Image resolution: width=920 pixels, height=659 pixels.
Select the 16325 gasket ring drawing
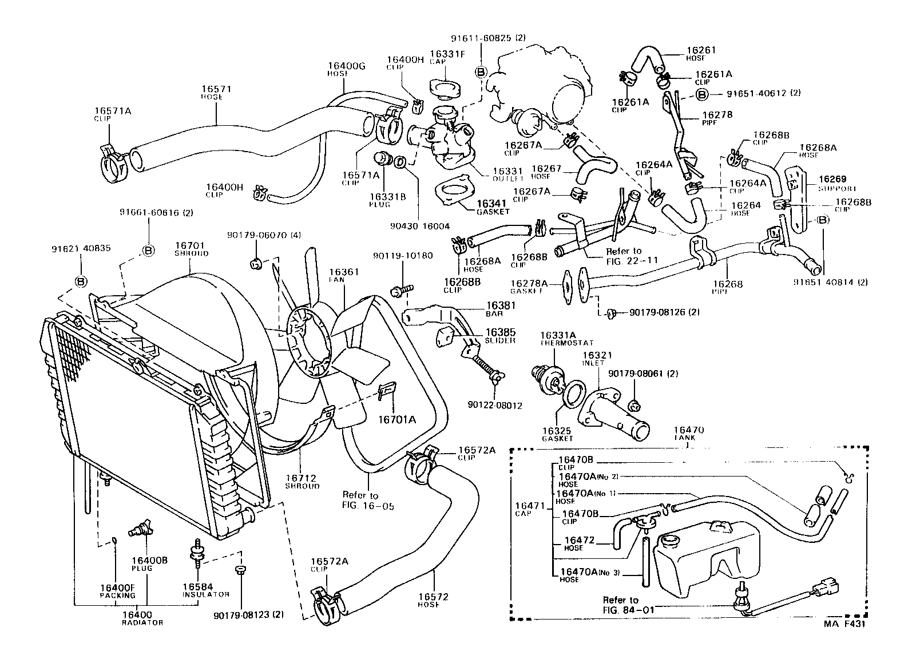click(x=574, y=395)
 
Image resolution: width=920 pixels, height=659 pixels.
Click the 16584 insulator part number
click(x=197, y=586)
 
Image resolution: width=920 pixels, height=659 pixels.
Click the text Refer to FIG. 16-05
click(x=360, y=500)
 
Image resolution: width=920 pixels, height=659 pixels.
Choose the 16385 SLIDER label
click(x=501, y=335)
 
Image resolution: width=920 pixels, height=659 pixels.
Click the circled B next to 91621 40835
click(x=81, y=281)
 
